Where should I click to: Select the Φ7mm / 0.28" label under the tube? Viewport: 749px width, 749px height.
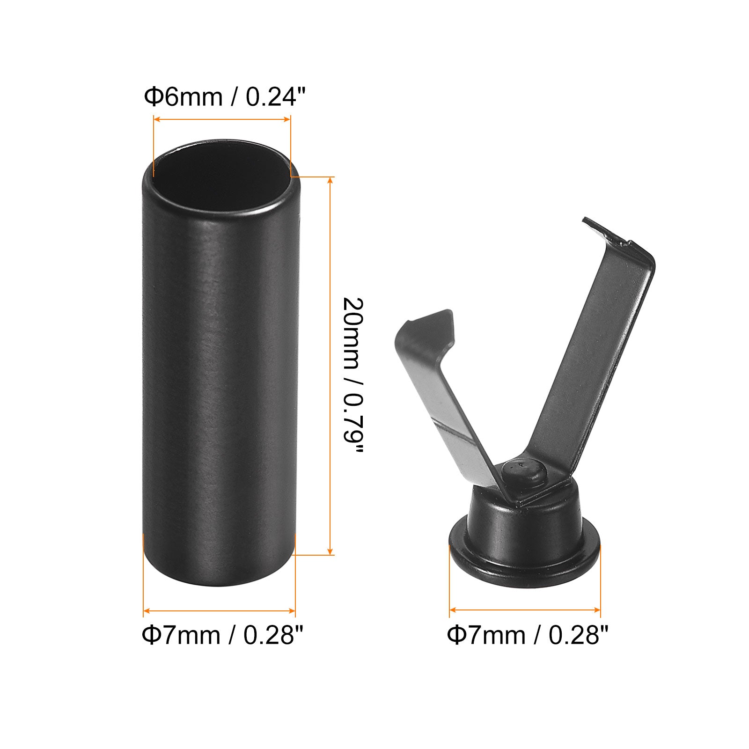click(223, 635)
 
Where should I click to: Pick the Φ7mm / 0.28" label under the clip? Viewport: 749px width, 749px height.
click(528, 635)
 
